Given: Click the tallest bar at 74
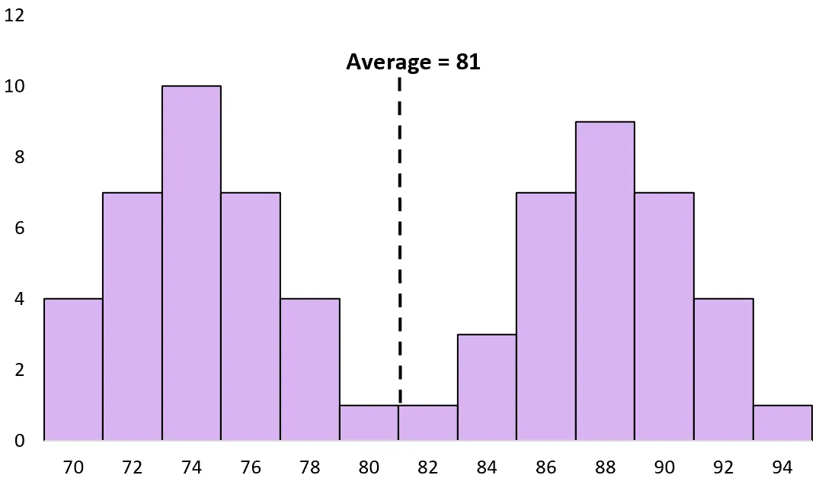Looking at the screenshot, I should point(191,263).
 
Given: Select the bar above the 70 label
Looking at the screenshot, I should point(73,369).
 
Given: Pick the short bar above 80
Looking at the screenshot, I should point(369,422).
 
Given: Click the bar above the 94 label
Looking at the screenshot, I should point(782,422).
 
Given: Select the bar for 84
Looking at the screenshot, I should point(487,387).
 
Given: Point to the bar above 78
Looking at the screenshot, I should point(310,369).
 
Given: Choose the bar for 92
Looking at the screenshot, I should point(723,369).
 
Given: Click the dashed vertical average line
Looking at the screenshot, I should point(399,229).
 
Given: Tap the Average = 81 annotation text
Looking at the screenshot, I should point(413,62).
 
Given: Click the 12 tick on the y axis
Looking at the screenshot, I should point(14,15).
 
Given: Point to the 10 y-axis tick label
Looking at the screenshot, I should point(14,86).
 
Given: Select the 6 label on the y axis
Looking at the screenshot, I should point(19,228).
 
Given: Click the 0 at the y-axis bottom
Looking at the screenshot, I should point(19,441).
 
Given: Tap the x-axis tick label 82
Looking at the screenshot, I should point(428,467).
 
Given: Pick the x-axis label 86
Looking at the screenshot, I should point(546,467).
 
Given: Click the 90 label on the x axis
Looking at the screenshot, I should point(664,467).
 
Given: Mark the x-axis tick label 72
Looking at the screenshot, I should point(133,467).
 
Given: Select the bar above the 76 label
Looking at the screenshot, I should point(251,316).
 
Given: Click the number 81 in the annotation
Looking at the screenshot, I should point(469,62).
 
